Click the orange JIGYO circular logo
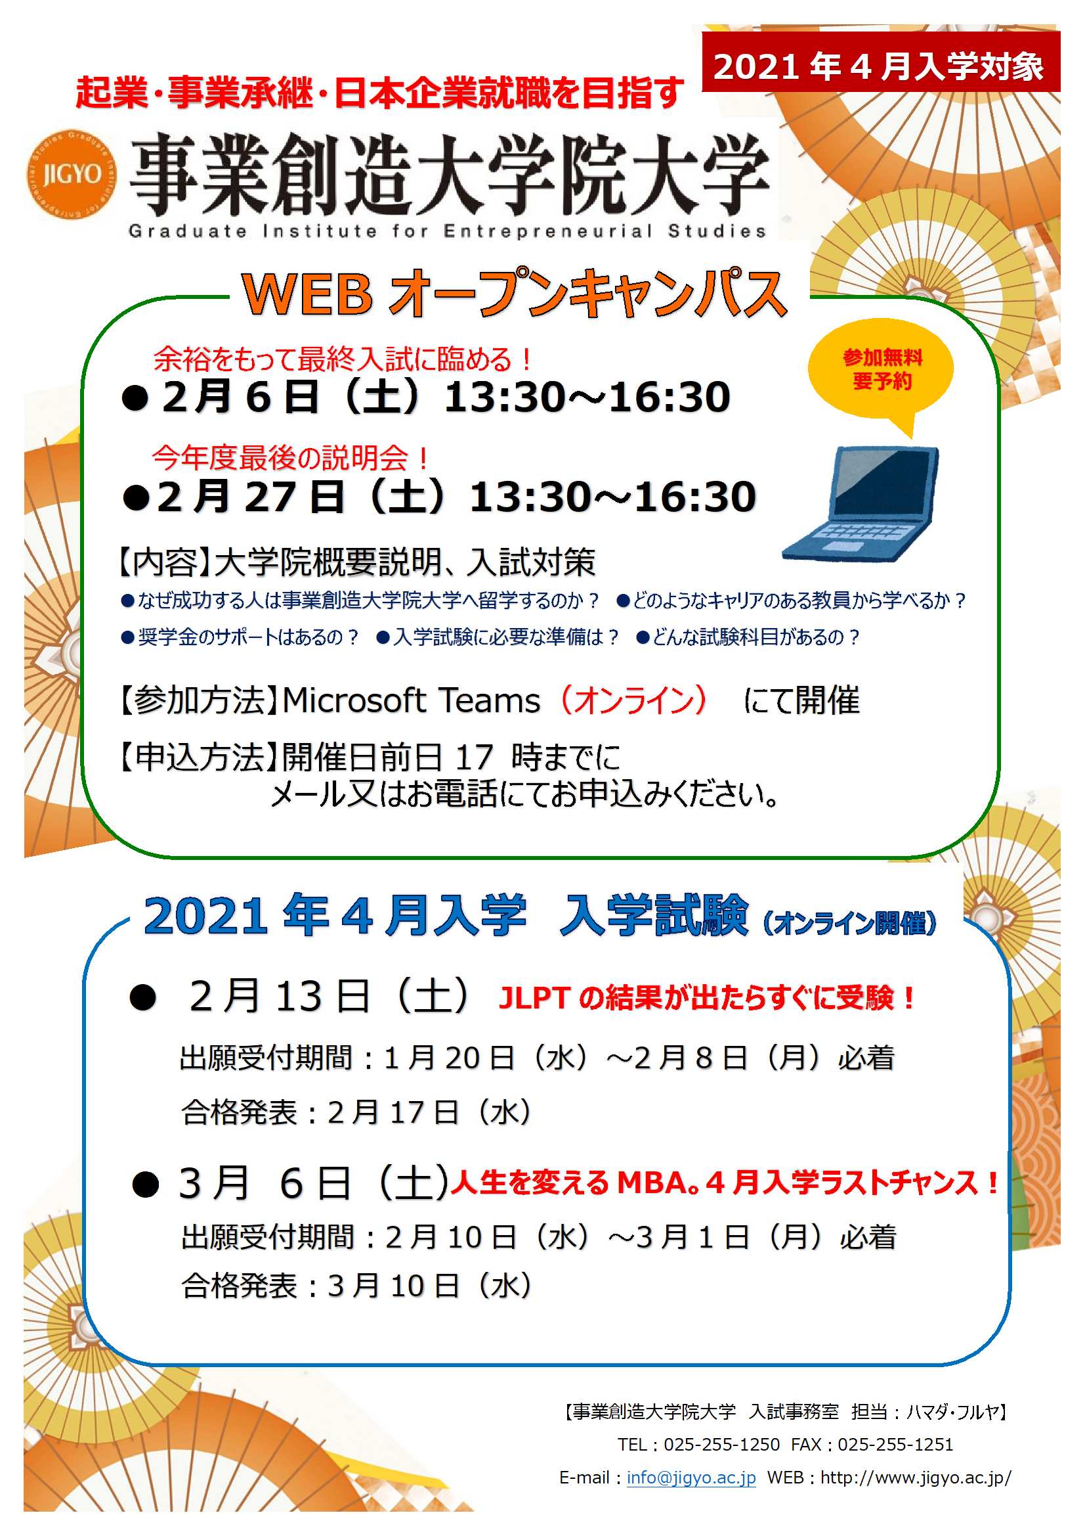pos(72,174)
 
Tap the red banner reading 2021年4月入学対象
pos(880,62)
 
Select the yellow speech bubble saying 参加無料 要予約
pos(881,374)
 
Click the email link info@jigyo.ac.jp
pos(691,1477)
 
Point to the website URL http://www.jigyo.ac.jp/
pos(916,1477)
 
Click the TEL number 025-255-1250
pos(722,1444)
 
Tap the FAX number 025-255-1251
pos(895,1444)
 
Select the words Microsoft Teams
pos(411,700)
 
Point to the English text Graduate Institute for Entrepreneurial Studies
pos(447,231)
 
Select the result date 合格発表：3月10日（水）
pos(357,1285)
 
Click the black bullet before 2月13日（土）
pos(143,999)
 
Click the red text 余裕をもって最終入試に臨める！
pos(343,359)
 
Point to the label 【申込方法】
pos(198,757)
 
